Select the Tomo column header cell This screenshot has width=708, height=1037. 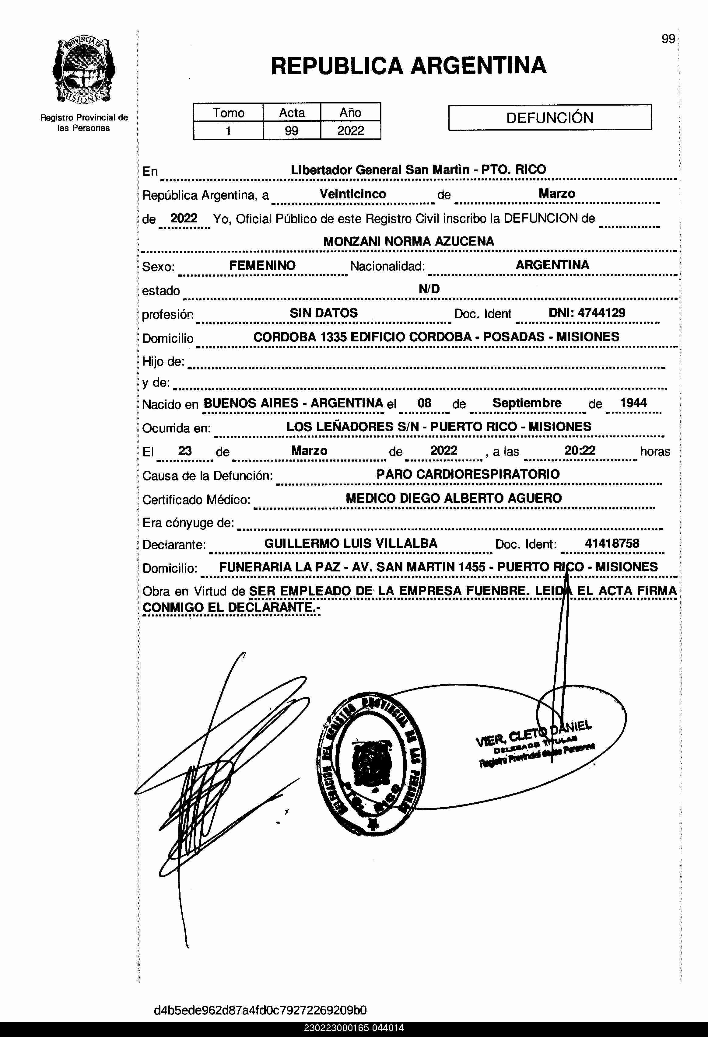coord(228,113)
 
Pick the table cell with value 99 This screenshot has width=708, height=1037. coord(292,131)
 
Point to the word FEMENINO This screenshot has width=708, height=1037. coord(262,266)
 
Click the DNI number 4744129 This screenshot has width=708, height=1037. coord(601,313)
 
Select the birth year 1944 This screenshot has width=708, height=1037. coord(633,403)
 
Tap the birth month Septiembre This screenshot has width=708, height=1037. coord(527,403)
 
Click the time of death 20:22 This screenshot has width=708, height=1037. coord(580,450)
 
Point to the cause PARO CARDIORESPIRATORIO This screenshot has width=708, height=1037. coord(468,474)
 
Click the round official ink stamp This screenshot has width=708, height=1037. coord(370,764)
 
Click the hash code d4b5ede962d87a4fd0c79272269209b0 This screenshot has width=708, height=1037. coord(260,1010)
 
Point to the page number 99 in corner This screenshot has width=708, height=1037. coord(668,39)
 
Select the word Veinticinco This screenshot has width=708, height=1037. coord(353,194)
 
